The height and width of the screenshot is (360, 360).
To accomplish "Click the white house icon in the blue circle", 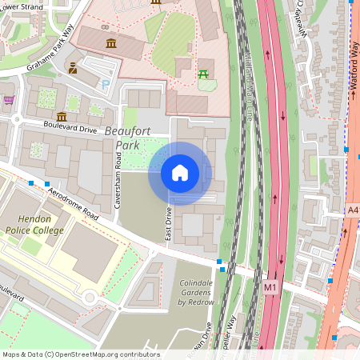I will [180, 173].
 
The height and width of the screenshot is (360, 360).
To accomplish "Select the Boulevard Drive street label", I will [70, 127].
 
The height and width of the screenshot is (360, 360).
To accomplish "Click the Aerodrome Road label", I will [71, 205].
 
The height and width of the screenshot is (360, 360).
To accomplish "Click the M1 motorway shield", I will [270, 286].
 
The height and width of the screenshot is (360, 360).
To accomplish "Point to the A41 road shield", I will [353, 210].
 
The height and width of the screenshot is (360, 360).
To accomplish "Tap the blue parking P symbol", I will [105, 83].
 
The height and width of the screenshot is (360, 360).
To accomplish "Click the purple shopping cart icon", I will [9, 100].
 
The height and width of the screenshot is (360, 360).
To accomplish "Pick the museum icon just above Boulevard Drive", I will [62, 116].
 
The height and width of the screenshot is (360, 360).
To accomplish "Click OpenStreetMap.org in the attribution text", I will [94, 354].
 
